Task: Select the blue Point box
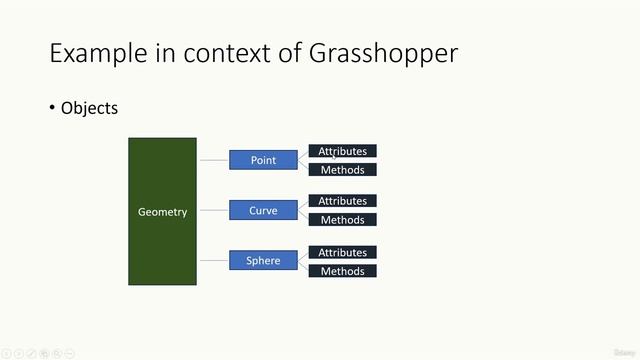coord(263,160)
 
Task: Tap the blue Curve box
coord(263,210)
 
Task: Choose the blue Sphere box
coord(263,260)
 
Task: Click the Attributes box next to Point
coord(342,151)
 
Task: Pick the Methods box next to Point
coord(342,170)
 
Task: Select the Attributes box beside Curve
coord(342,201)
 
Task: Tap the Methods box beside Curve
coord(342,220)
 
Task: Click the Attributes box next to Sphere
coord(342,252)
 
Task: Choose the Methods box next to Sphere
coord(342,271)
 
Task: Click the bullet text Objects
coord(89,108)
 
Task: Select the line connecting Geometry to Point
coord(212,160)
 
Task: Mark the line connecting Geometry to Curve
coord(212,210)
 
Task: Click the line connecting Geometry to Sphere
coord(212,260)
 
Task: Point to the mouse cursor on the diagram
coord(335,154)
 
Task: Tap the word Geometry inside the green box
coord(162,212)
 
